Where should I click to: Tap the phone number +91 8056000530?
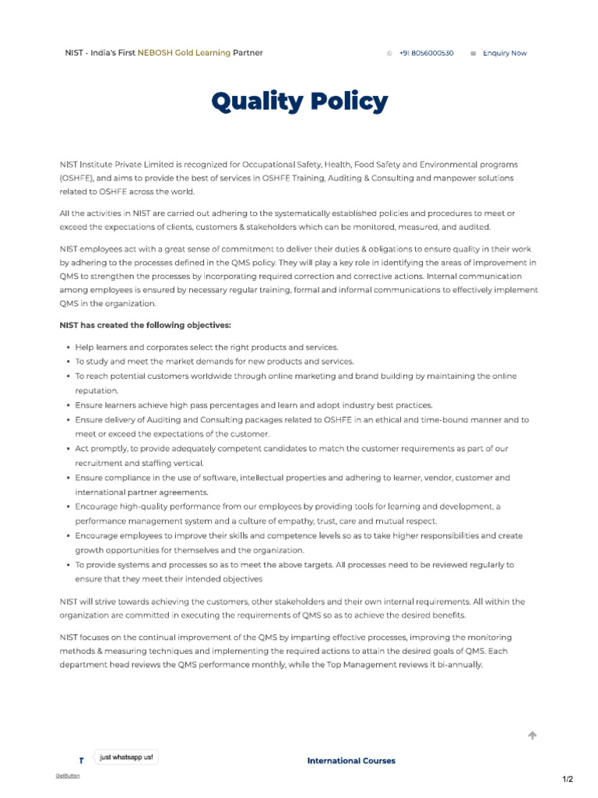click(x=426, y=53)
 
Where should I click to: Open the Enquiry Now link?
click(x=505, y=53)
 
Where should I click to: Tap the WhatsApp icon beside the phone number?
click(x=389, y=53)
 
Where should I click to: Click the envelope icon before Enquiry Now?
click(x=473, y=53)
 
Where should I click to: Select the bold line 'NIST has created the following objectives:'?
click(x=146, y=325)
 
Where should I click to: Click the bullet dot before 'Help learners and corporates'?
click(x=69, y=348)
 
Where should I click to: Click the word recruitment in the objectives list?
click(x=97, y=463)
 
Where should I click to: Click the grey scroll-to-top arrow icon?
click(x=533, y=735)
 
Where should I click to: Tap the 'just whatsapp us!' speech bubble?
click(x=126, y=757)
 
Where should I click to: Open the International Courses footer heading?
click(x=351, y=761)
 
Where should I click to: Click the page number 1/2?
click(x=568, y=779)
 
